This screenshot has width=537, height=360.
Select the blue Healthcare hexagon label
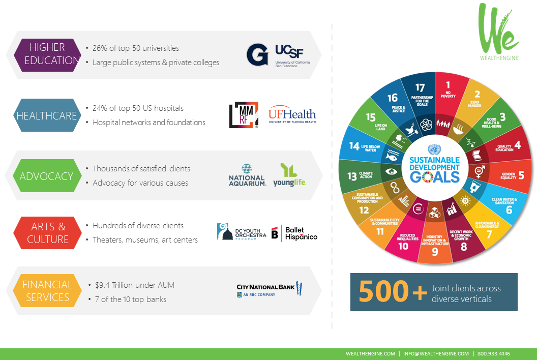(46, 115)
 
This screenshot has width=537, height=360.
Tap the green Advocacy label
(46, 176)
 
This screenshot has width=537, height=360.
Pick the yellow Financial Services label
(47, 290)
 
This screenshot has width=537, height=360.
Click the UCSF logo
(291, 54)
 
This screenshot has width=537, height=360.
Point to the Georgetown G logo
(257, 55)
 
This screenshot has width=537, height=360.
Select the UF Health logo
(292, 115)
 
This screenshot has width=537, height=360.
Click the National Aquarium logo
(247, 175)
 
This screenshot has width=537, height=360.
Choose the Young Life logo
(289, 175)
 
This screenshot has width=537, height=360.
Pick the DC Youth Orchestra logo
(242, 232)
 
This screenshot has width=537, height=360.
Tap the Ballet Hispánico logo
(294, 233)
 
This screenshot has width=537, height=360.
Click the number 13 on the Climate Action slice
(352, 176)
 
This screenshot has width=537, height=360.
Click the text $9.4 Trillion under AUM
(135, 285)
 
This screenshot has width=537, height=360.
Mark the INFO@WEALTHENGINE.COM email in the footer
(436, 353)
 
